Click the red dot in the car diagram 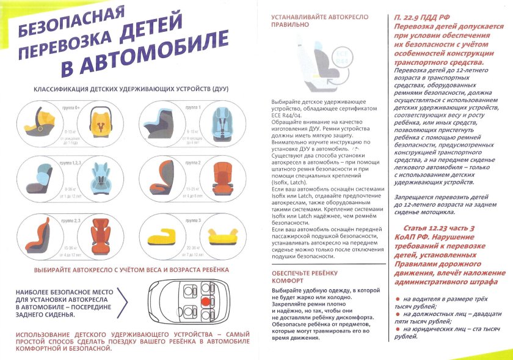(205, 301)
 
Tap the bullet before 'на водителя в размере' (399, 299)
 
